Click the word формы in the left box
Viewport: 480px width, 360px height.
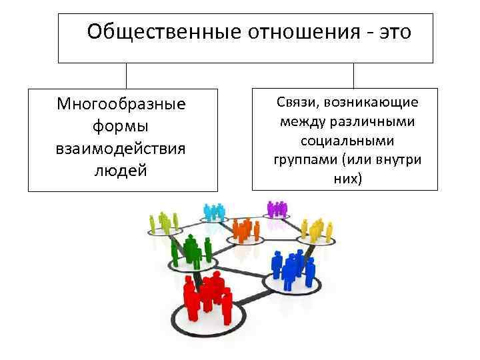point(121,126)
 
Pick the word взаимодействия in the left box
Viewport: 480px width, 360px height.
point(121,148)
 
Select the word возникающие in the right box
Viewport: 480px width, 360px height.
point(379,103)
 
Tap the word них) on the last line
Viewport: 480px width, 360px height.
point(346,179)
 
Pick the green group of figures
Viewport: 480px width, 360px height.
point(192,248)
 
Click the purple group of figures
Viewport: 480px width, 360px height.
point(276,208)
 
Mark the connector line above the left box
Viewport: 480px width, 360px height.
point(126,76)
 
